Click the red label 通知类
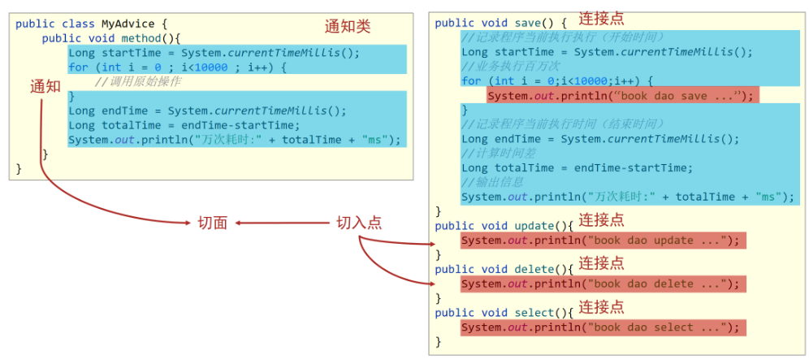pyautogui.click(x=347, y=26)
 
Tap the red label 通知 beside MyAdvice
pyautogui.click(x=45, y=86)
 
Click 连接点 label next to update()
pyautogui.click(x=601, y=220)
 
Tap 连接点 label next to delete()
pyautogui.click(x=601, y=263)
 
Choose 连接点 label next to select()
pyautogui.click(x=601, y=307)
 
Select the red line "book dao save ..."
pyautogui.click(x=622, y=96)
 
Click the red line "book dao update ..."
pyautogui.click(x=602, y=241)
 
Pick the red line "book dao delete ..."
pyautogui.click(x=602, y=284)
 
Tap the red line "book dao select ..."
pyautogui.click(x=602, y=327)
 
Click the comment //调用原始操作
pyautogui.click(x=137, y=82)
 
